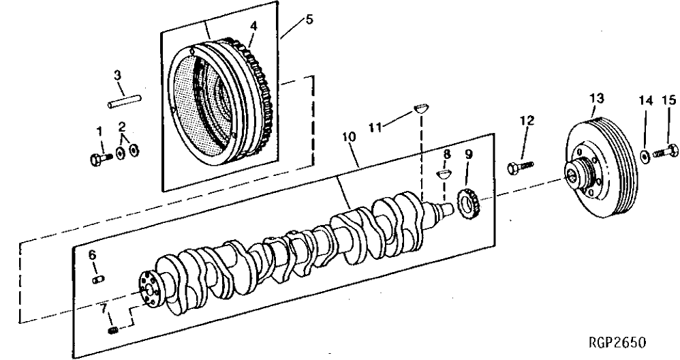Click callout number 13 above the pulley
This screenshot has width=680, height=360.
pos(597,100)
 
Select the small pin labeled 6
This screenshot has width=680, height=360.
pos(97,277)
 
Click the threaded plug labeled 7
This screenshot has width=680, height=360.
pos(114,331)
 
